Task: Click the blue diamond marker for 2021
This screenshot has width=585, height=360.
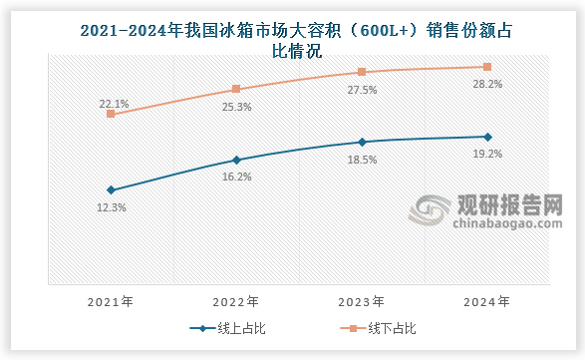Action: click(111, 189)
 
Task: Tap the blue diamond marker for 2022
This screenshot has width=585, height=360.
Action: click(236, 160)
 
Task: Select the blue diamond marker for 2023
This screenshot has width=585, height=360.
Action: click(362, 142)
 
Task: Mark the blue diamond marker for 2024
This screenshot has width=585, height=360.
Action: click(486, 137)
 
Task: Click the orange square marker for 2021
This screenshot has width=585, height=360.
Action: click(111, 114)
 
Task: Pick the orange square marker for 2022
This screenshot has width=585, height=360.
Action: click(236, 89)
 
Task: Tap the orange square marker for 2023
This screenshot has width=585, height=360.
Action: click(362, 72)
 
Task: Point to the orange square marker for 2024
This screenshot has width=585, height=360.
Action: click(486, 67)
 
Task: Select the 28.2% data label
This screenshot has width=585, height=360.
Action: click(487, 84)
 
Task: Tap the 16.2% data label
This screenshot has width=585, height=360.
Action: click(237, 177)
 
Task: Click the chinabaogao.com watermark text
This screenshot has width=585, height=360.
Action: click(495, 226)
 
